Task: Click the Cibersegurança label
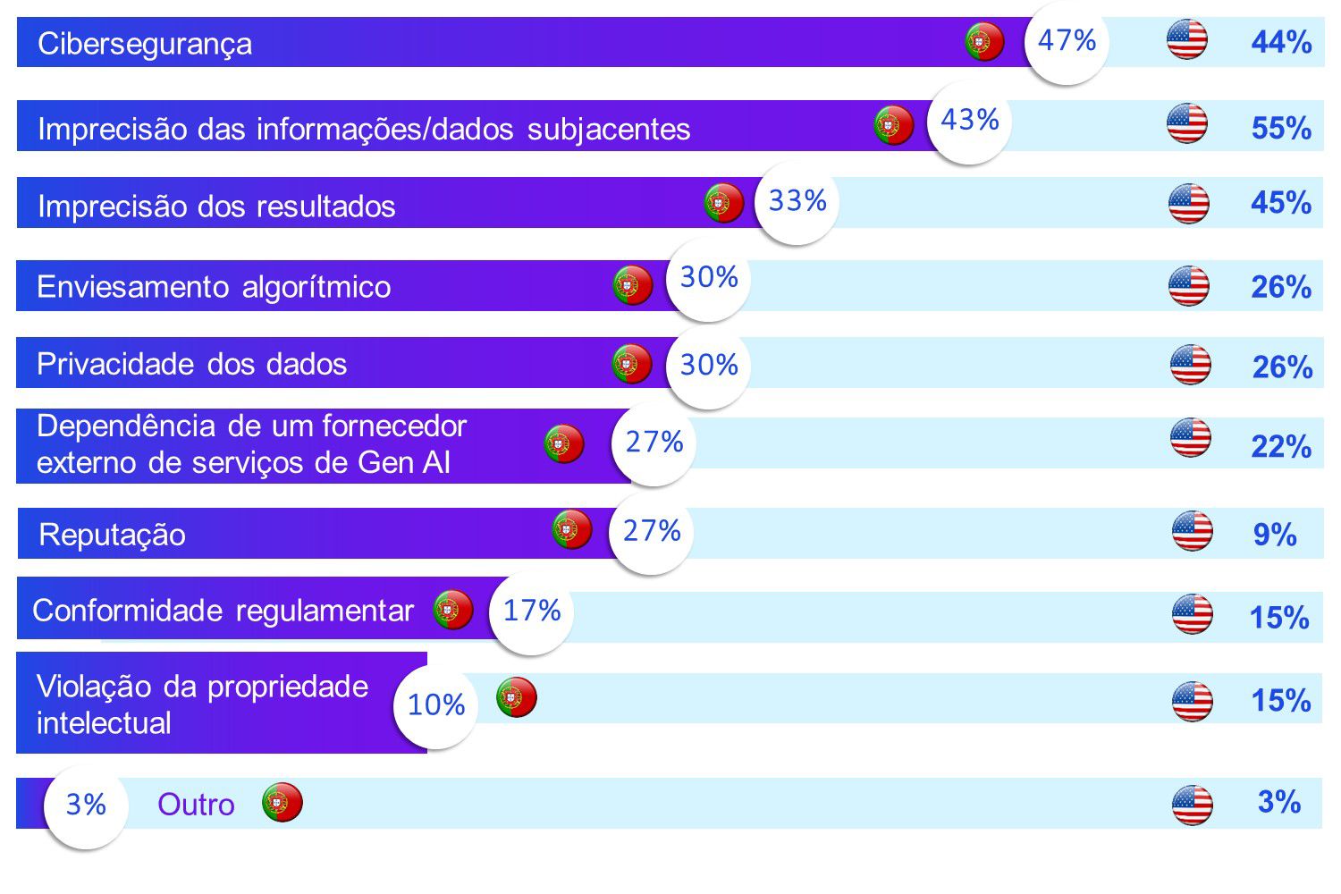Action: click(x=145, y=44)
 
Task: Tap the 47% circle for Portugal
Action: click(x=1067, y=41)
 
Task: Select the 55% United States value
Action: click(x=1281, y=128)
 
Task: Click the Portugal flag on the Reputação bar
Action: click(x=572, y=530)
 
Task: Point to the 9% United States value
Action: click(x=1275, y=535)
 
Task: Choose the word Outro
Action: click(x=196, y=805)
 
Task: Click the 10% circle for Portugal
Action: click(x=436, y=705)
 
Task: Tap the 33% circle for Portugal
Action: click(x=797, y=202)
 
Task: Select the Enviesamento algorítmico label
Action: click(x=214, y=287)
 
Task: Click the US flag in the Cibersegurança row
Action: click(x=1187, y=40)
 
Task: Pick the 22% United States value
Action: click(x=1281, y=446)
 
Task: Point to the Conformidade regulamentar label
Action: click(x=223, y=611)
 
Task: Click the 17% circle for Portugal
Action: click(x=532, y=611)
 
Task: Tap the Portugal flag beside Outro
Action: click(x=283, y=803)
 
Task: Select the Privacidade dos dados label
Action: click(x=191, y=364)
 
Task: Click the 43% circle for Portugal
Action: click(x=970, y=121)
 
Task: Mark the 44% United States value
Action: click(x=1281, y=42)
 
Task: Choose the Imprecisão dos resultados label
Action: click(x=216, y=207)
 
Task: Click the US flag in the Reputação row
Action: click(x=1193, y=531)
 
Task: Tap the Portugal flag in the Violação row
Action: click(x=517, y=697)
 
